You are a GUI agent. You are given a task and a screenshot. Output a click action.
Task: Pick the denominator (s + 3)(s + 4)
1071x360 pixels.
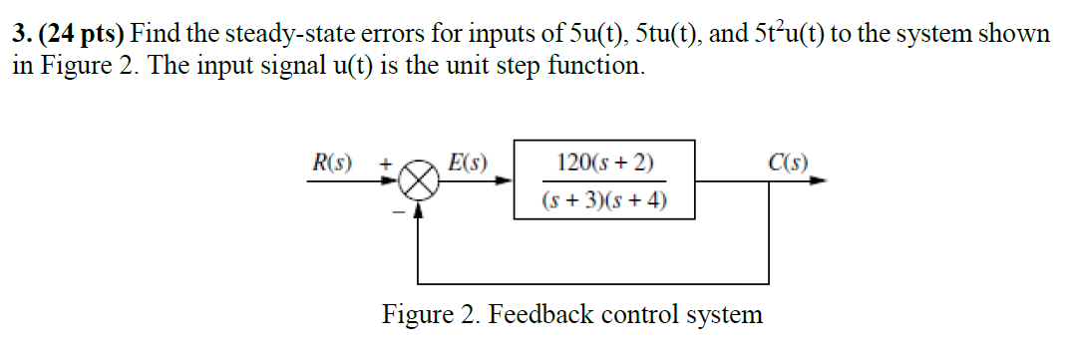[606, 200]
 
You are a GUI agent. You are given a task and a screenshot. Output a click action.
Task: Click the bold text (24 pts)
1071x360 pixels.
[79, 34]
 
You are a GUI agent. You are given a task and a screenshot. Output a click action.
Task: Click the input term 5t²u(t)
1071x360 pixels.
[779, 34]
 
